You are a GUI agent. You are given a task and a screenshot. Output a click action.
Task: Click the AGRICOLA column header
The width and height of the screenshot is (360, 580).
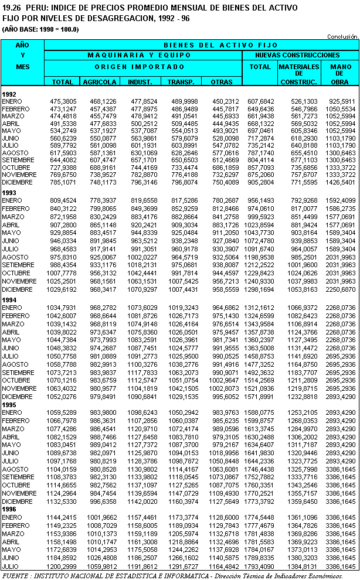click(x=99, y=82)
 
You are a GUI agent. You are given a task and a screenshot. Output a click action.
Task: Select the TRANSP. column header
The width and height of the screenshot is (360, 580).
click(x=181, y=82)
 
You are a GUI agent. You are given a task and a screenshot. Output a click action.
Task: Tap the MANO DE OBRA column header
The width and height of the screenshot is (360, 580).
click(x=341, y=74)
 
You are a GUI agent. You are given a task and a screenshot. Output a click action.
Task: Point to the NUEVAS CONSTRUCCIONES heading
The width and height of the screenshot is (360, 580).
click(x=300, y=54)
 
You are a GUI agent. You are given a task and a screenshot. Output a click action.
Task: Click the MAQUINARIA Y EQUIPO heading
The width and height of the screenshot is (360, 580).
click(x=143, y=54)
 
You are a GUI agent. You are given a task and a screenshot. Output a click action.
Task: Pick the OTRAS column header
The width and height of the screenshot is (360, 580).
click(x=221, y=82)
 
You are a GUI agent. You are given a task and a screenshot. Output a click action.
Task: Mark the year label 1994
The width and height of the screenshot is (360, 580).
click(x=9, y=300)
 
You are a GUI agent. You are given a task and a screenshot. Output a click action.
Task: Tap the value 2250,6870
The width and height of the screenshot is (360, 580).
click(x=341, y=289)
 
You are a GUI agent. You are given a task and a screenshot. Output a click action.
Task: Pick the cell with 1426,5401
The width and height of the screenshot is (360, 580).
click(x=341, y=182)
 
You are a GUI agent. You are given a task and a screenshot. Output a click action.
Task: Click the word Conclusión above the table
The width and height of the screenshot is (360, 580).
click(x=342, y=36)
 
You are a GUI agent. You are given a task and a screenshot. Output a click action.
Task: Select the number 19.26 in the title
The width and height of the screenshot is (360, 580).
click(x=11, y=6)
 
